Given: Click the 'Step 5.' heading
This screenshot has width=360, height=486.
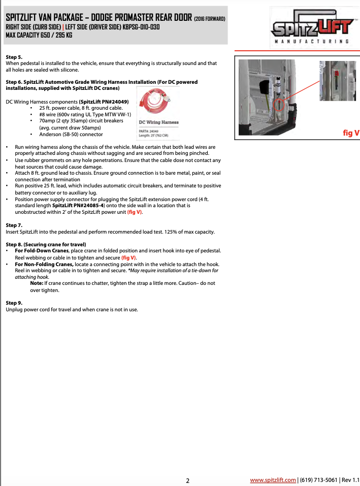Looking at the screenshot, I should [14, 57].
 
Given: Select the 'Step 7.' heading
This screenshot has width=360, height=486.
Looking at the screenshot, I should [14, 225].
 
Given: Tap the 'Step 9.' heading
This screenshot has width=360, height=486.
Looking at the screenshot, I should [14, 303].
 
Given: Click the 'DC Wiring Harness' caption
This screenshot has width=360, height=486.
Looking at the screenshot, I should [158, 122].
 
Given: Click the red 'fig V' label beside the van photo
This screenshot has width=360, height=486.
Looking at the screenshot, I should [351, 133].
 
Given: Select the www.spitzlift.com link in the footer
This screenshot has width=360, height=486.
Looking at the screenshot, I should [273, 479].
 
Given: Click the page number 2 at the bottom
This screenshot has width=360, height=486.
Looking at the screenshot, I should [187, 480].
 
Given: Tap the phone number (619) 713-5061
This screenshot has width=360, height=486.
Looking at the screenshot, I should [318, 479].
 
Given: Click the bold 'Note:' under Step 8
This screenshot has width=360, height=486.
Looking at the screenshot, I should [37, 283].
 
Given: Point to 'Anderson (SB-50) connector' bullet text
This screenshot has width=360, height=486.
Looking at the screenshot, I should [71, 135].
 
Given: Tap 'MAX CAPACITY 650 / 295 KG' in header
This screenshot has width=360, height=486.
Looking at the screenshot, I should [39, 35].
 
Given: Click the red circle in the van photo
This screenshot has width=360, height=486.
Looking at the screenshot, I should [278, 105].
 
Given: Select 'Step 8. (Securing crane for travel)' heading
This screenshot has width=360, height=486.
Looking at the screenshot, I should [46, 244].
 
